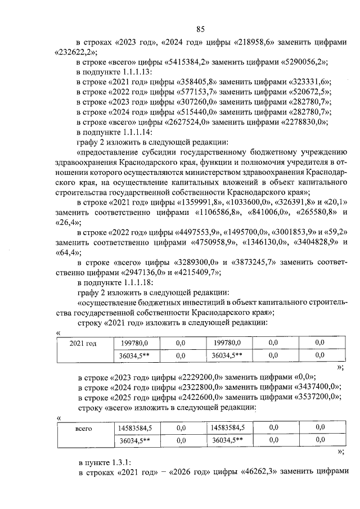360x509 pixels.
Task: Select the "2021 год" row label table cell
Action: [86, 348]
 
